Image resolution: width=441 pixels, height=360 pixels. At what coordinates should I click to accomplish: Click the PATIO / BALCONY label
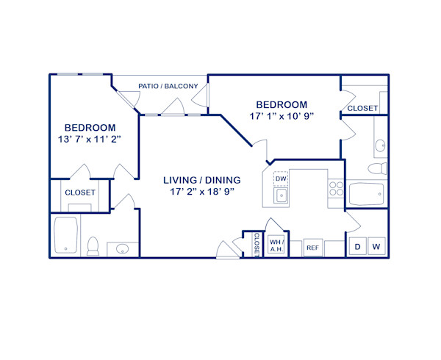pos(168,87)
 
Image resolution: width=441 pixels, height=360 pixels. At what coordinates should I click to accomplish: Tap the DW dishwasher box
pos(281,179)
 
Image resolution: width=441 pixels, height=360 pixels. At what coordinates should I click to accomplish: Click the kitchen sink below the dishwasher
pos(281,195)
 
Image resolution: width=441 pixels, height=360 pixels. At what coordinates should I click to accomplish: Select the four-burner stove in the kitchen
pos(336,188)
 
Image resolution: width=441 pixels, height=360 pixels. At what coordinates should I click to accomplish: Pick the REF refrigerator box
pos(312,248)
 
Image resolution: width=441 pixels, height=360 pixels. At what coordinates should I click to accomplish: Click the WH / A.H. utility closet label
pos(276,245)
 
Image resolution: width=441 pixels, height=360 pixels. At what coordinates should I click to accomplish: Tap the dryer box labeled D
pos(357,247)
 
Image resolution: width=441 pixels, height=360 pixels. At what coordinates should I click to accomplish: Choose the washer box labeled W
pos(376,247)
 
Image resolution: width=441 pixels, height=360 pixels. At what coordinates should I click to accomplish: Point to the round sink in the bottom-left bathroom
pos(121,250)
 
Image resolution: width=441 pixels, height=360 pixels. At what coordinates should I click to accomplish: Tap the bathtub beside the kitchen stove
pos(365,195)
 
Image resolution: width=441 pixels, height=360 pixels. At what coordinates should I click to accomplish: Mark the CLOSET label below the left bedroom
pos(80,192)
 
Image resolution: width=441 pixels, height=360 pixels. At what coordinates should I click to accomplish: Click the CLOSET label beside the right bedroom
pos(362,108)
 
